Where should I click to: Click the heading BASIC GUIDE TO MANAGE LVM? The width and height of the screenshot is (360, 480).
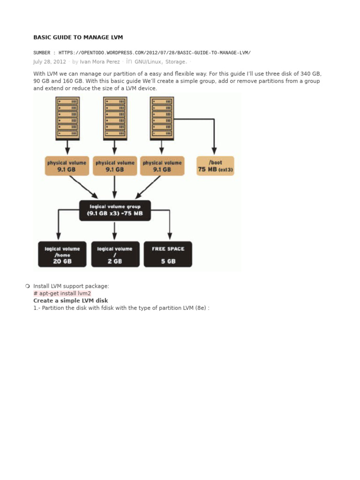pos(78,37)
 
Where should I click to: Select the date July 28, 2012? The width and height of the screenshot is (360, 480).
pos(49,62)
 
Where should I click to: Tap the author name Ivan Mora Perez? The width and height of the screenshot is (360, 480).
pos(99,62)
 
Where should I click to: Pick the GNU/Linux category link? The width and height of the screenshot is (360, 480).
pos(148,62)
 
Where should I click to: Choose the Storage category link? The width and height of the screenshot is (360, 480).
pos(175,62)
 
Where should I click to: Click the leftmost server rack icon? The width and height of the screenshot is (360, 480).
pos(67,118)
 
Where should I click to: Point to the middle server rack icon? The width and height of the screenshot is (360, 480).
pos(115,118)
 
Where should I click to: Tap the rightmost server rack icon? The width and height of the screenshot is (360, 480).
pos(162,118)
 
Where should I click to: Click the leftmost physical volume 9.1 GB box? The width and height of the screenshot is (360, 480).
pos(67,166)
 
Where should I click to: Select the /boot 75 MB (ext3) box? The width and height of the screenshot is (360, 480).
pos(215,166)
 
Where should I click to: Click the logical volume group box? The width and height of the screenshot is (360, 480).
pos(115,210)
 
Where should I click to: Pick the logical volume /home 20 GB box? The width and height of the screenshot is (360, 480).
pos(62,255)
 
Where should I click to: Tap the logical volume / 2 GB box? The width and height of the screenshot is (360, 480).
pos(115,255)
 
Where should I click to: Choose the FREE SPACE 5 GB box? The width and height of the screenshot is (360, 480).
pos(168,255)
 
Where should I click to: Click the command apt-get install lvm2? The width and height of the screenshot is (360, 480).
pos(62,293)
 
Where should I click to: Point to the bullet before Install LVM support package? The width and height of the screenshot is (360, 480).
pos(28,286)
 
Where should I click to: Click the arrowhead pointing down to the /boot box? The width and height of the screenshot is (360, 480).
pos(214,150)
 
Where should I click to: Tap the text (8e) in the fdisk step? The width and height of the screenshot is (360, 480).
pos(199,308)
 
